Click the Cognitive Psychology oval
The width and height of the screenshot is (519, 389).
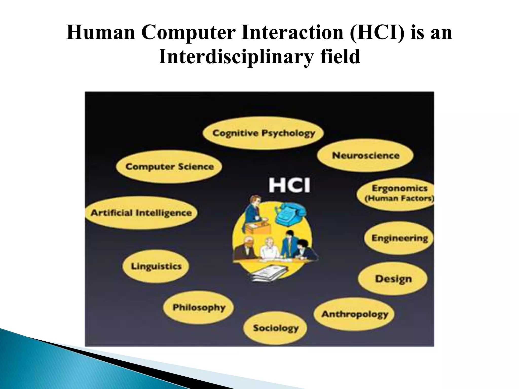click(x=263, y=133)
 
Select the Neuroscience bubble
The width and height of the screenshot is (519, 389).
click(x=365, y=155)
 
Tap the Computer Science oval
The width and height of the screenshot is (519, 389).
click(x=169, y=167)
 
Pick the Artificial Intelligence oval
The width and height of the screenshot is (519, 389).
click(x=141, y=213)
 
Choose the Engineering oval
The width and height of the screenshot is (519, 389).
click(x=399, y=238)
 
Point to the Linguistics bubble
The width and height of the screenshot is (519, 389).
click(x=156, y=266)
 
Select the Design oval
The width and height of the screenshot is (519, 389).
click(x=393, y=279)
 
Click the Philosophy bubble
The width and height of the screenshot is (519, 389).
click(x=198, y=307)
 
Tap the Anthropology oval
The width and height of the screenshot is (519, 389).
click(x=354, y=314)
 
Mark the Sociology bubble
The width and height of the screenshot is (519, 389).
click(x=275, y=328)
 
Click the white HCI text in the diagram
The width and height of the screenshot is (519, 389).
click(x=289, y=185)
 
